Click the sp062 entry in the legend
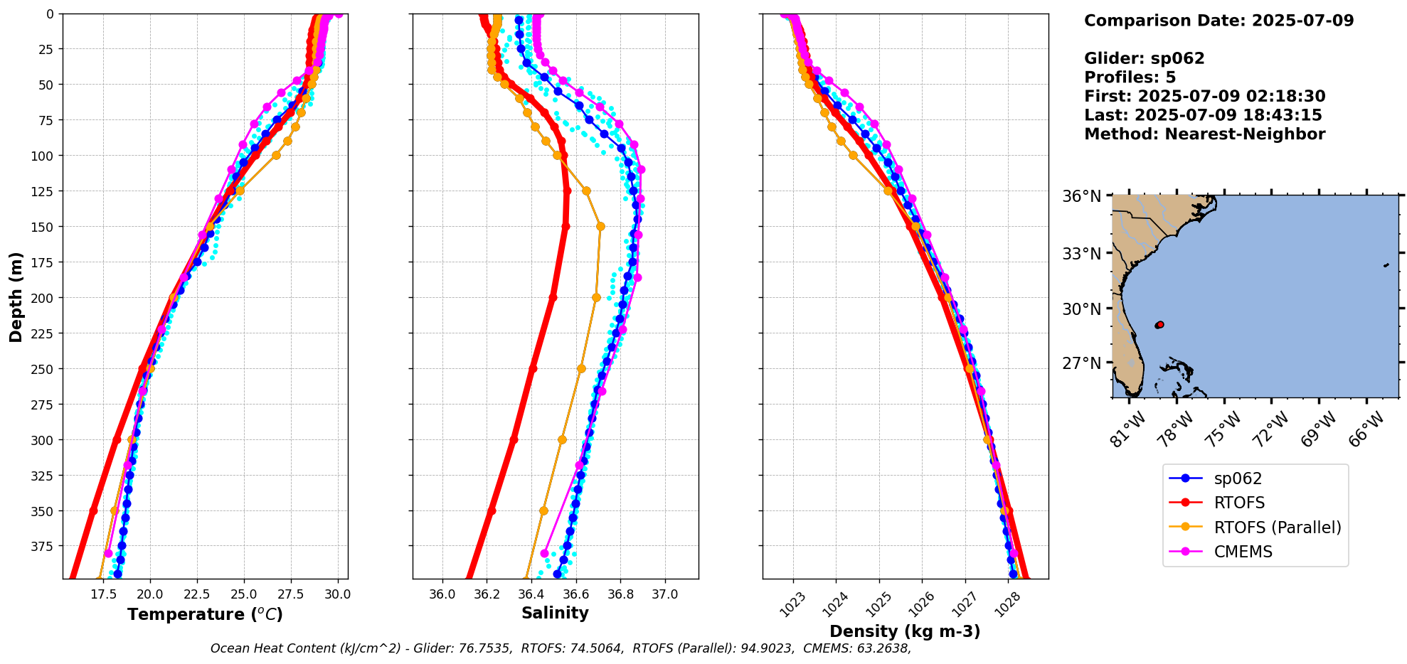coord(1238,478)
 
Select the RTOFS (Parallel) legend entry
coord(1277,527)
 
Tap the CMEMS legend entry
coord(1243,552)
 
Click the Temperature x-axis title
coord(205,614)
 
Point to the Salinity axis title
coord(555,613)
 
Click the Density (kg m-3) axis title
coord(905,631)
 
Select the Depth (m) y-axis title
coord(16,296)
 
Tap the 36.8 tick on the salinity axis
coord(620,594)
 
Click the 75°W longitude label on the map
coord(1224,429)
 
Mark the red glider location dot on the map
coord(1160,324)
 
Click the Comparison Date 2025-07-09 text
coord(1218,21)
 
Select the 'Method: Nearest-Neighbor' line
coord(1204,134)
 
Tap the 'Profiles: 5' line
coord(1130,77)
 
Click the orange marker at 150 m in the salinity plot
coord(600,226)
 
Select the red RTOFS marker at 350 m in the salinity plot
coord(491,510)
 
